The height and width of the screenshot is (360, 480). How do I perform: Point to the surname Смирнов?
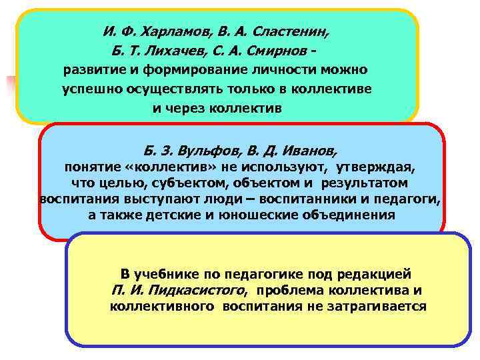coord(274,51)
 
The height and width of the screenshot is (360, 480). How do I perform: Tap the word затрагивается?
coord(371,307)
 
